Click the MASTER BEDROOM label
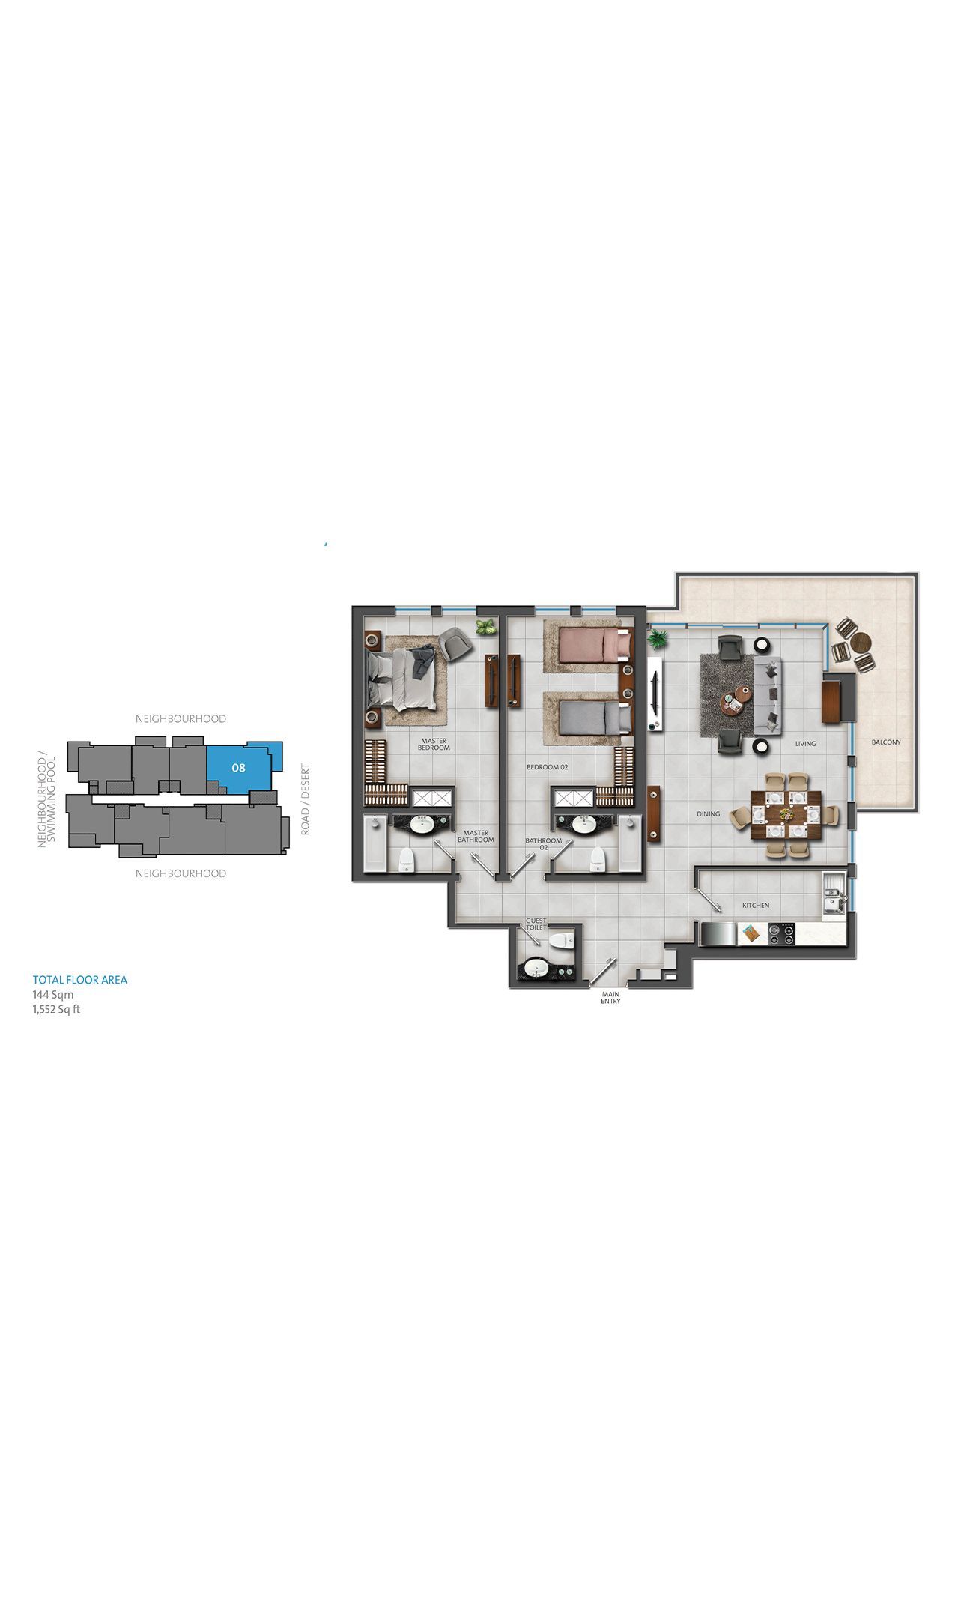click(434, 744)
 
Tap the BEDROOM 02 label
click(548, 767)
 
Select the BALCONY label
click(886, 742)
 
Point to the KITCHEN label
click(756, 906)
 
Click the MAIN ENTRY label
click(610, 998)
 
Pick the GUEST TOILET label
click(536, 924)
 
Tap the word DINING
click(708, 813)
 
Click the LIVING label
click(805, 744)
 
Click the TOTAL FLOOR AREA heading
click(80, 980)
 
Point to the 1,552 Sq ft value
click(56, 1009)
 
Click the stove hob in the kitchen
click(781, 934)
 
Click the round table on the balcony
click(861, 642)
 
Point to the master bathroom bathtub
click(374, 843)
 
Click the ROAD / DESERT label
click(305, 799)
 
